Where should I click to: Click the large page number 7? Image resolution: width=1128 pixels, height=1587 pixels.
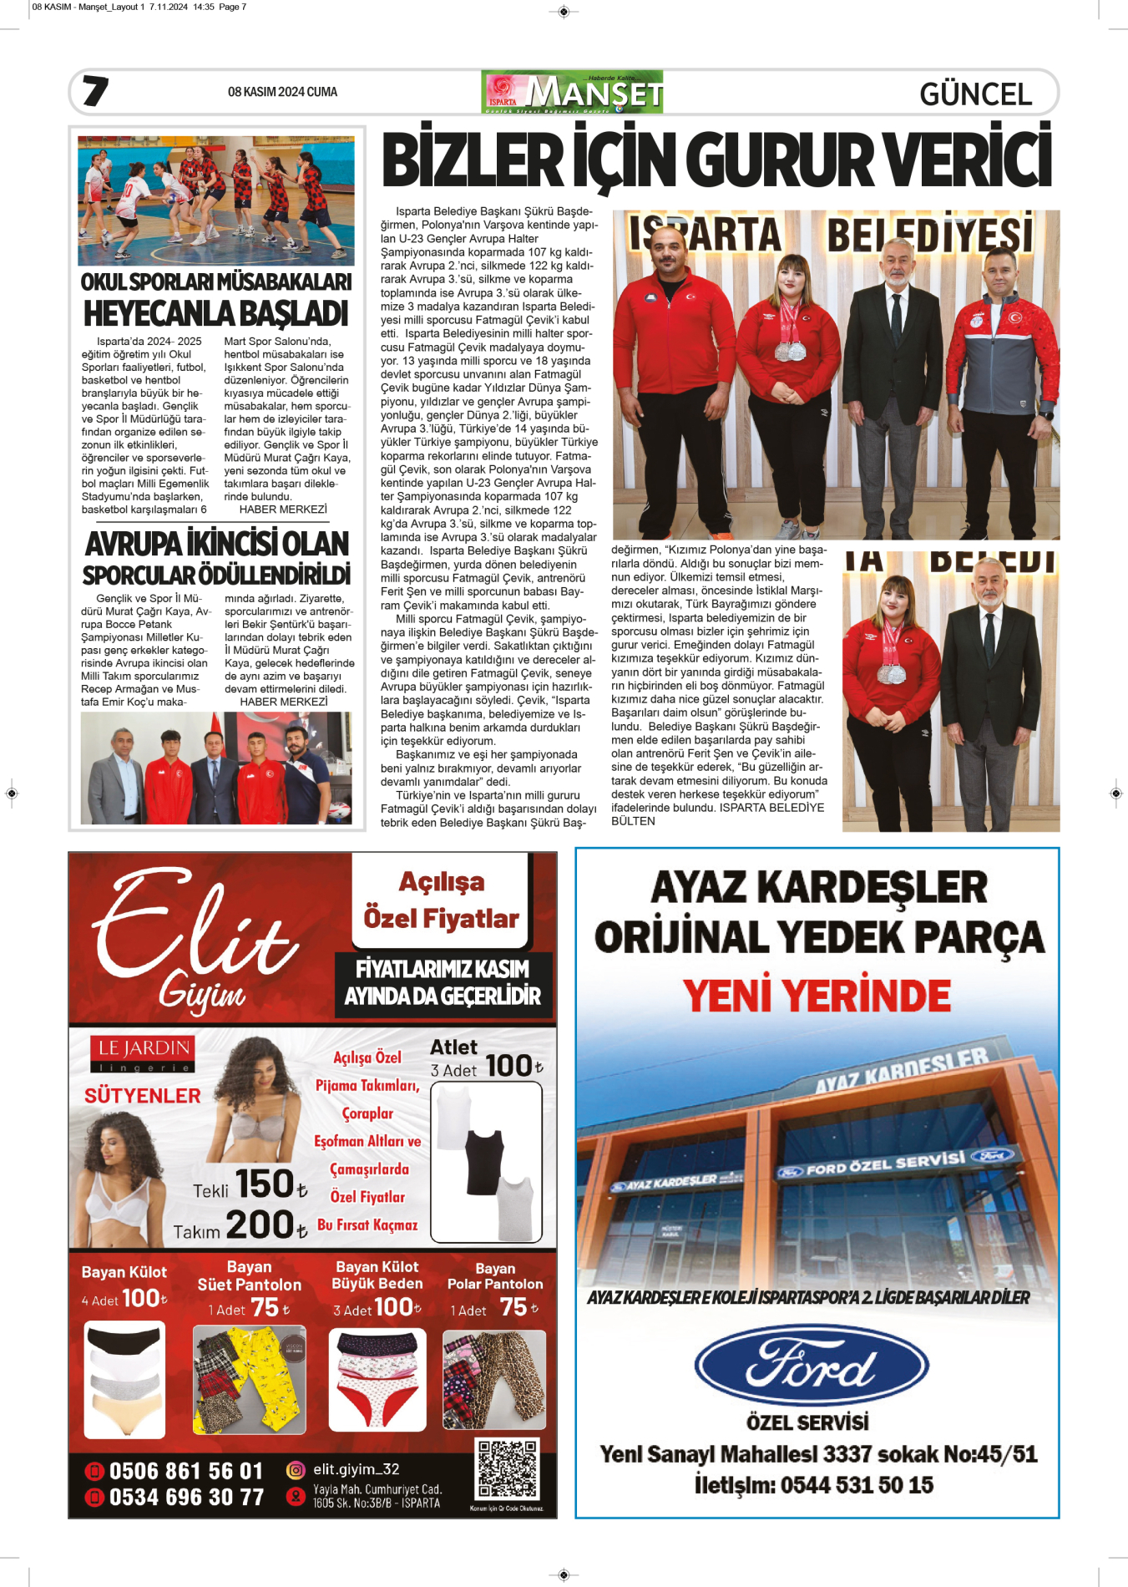[96, 91]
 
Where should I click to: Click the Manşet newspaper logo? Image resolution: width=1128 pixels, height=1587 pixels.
[573, 92]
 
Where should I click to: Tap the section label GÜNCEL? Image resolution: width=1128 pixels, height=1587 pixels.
[975, 94]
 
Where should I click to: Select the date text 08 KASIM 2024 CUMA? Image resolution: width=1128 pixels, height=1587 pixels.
[282, 92]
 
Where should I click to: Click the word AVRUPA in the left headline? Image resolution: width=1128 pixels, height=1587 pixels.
[134, 544]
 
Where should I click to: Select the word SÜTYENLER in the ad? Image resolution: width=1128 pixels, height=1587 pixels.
[143, 1096]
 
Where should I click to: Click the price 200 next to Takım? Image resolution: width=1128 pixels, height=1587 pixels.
[260, 1224]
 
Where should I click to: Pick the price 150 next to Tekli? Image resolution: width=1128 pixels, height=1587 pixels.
[266, 1184]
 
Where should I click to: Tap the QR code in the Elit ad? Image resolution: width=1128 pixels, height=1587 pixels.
[507, 1469]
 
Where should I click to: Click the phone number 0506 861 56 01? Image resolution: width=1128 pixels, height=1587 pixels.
[185, 1471]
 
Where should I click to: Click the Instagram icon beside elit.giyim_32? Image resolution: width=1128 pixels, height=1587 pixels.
[296, 1469]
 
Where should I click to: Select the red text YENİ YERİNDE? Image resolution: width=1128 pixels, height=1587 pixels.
[817, 996]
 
